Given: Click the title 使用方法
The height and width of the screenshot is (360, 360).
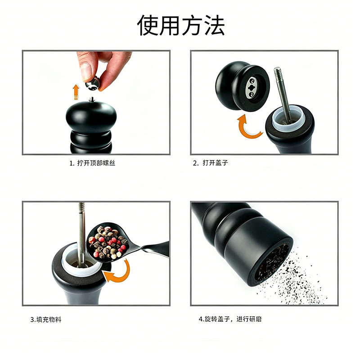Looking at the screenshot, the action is point(180,25).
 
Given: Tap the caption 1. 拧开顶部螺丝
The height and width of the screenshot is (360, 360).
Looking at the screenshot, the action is point(92,163).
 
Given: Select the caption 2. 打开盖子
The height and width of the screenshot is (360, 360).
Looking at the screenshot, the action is point(210,163).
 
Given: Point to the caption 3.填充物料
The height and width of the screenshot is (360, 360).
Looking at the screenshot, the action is point(46,319).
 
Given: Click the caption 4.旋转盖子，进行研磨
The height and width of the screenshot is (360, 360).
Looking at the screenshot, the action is point(230,319).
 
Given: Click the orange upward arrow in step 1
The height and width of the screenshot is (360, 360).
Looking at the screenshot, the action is point(76,92).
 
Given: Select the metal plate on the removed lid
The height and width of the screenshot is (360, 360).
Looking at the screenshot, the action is point(252,87).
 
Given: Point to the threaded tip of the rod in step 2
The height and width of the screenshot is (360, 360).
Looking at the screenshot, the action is point(278,73).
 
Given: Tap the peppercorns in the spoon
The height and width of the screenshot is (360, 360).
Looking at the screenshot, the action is point(108,243).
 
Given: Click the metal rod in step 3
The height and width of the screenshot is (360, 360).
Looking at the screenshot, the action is point(81,234).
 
